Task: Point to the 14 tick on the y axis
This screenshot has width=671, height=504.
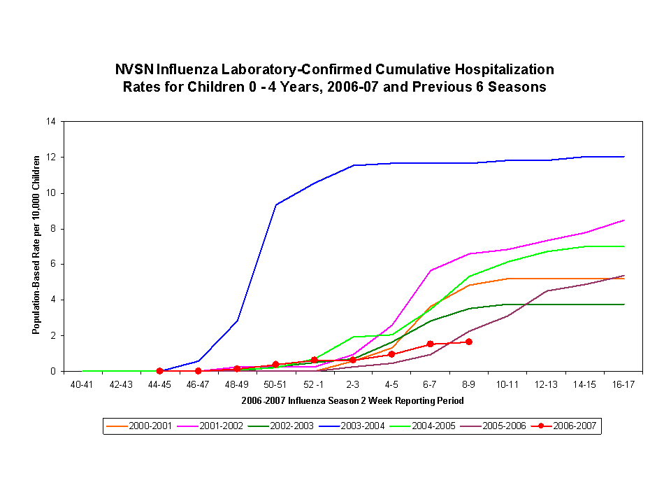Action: pyautogui.click(x=50, y=121)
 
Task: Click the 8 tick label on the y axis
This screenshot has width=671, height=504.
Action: pyautogui.click(x=52, y=228)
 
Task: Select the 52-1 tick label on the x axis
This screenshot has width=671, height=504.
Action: pyautogui.click(x=314, y=384)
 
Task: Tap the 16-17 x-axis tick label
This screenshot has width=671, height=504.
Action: pyautogui.click(x=623, y=384)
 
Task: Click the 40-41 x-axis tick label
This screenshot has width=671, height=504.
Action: pyautogui.click(x=82, y=384)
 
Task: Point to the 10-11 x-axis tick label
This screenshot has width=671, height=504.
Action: pyautogui.click(x=507, y=384)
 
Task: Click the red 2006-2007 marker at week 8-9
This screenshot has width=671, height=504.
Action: pyautogui.click(x=468, y=342)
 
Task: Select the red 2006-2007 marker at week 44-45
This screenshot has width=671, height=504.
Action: pyautogui.click(x=159, y=371)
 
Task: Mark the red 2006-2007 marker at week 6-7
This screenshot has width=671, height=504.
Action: pyautogui.click(x=430, y=344)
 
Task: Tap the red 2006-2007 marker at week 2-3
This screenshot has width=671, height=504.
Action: pyautogui.click(x=353, y=360)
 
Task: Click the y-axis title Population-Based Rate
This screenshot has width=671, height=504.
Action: pyautogui.click(x=36, y=245)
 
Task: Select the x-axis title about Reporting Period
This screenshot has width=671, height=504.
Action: pyautogui.click(x=353, y=401)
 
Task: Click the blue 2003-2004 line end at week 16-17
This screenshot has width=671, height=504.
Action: pyautogui.click(x=623, y=157)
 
